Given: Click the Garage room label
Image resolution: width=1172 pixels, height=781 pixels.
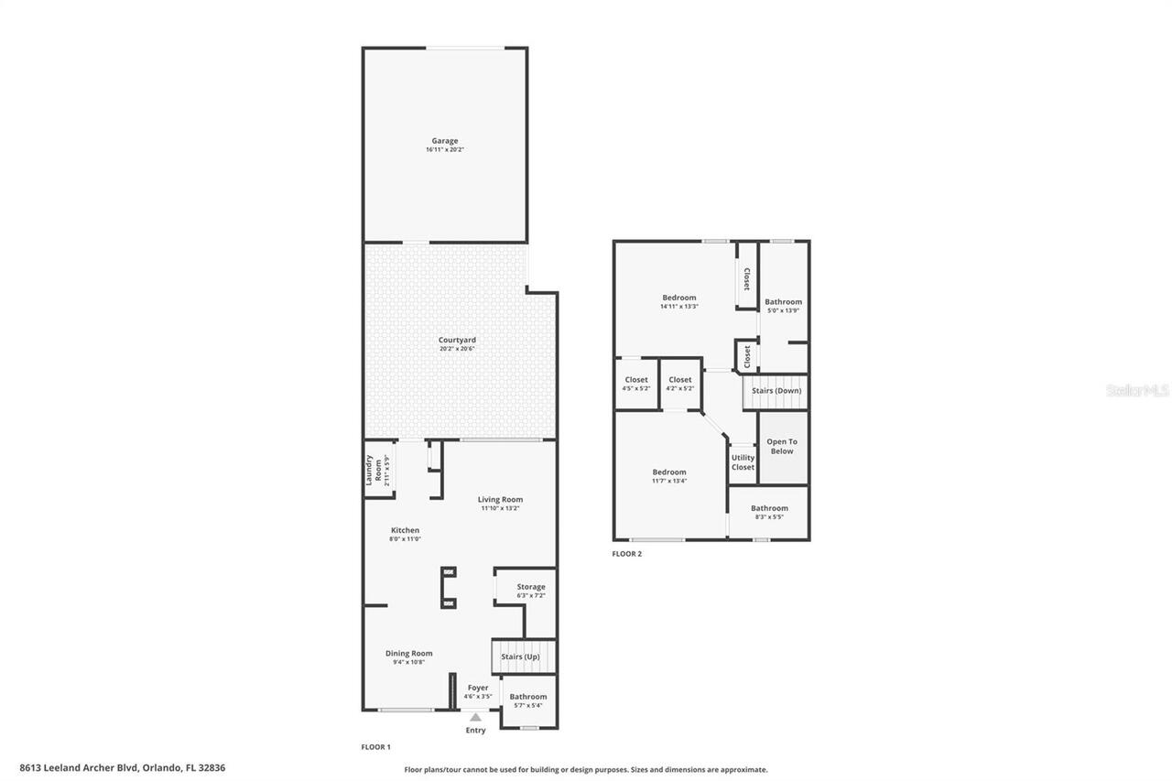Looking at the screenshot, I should (x=445, y=141).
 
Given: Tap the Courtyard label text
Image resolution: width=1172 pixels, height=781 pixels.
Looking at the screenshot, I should (x=457, y=340).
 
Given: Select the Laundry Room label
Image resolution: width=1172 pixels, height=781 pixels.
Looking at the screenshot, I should (x=374, y=470).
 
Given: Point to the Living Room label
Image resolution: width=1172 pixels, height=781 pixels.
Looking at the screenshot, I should (x=500, y=499).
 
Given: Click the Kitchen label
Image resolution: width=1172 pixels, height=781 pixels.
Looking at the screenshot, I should (x=405, y=530).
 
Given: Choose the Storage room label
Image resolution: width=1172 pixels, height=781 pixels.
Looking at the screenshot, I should (x=530, y=587).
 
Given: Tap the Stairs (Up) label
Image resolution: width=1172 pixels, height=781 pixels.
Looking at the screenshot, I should (x=520, y=656).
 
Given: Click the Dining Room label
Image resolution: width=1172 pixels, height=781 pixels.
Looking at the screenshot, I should (x=408, y=653).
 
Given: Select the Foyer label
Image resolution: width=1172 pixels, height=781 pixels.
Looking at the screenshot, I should (x=478, y=688).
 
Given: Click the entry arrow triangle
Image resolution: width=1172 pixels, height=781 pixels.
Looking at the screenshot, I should (x=475, y=717).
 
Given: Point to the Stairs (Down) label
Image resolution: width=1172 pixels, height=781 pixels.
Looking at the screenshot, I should (x=776, y=391).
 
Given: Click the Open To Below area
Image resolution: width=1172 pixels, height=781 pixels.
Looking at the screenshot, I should (x=781, y=447).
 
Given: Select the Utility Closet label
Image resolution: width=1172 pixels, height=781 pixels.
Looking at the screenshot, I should (x=743, y=462).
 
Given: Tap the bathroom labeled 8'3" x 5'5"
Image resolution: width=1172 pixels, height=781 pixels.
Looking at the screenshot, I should (x=769, y=516).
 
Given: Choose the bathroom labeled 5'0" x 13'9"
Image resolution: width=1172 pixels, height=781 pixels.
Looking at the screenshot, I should (x=783, y=309).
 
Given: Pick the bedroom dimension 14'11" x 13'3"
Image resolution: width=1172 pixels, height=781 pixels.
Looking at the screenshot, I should (x=678, y=307).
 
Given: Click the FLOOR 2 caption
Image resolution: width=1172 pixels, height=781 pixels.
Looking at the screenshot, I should (x=627, y=554).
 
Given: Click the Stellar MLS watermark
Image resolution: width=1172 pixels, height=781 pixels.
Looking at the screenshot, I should (x=1137, y=391).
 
